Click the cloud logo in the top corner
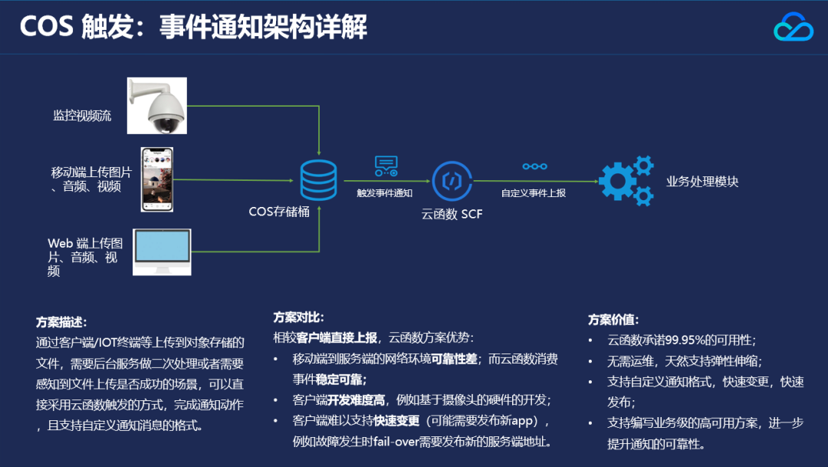click(x=793, y=28)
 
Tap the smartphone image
click(x=157, y=179)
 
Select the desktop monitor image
click(x=162, y=251)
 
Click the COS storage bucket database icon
click(x=318, y=179)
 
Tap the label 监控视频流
click(x=82, y=116)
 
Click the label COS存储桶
click(x=280, y=212)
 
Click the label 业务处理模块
click(x=702, y=182)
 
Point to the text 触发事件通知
click(x=385, y=193)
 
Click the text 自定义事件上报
click(x=534, y=193)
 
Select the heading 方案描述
click(x=61, y=322)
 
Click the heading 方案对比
click(x=298, y=317)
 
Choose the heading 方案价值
click(x=613, y=320)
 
